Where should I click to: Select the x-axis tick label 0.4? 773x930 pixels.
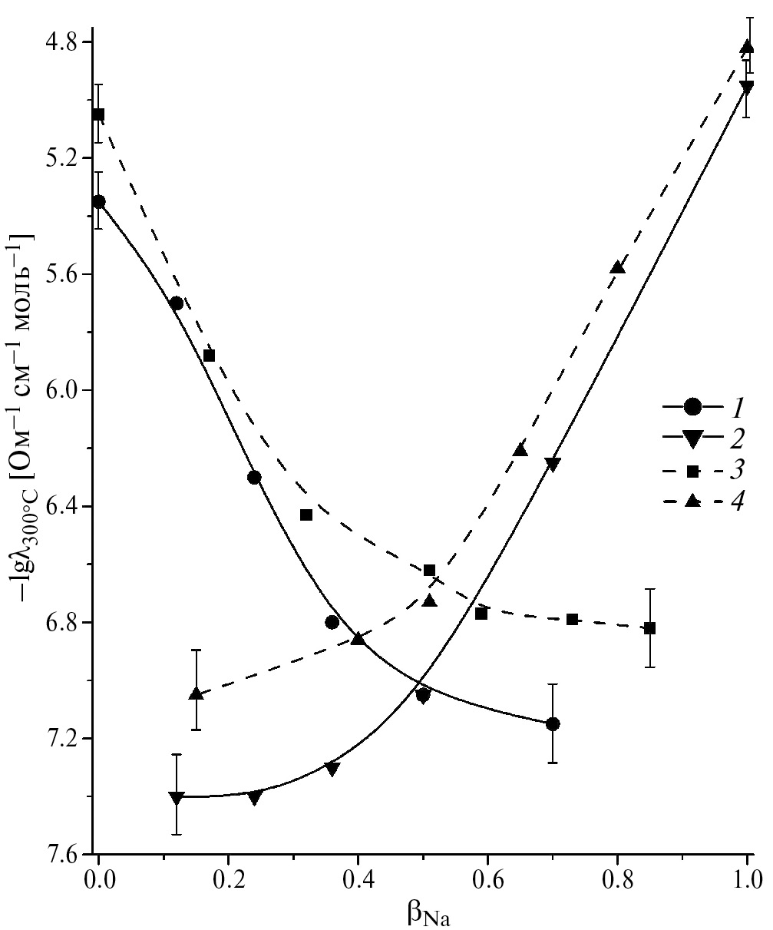pos(358,876)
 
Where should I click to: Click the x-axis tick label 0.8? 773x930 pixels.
pos(617,876)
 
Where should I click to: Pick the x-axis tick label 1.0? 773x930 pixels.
pos(747,876)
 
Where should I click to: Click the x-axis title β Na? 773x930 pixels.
pos(428,912)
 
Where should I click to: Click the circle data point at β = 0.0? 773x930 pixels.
pos(98,201)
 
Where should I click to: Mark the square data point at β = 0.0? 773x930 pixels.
pos(98,114)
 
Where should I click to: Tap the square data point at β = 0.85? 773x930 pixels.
pos(650,628)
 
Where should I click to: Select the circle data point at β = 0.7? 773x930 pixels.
pos(553,723)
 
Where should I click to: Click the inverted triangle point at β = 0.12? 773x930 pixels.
pos(177,798)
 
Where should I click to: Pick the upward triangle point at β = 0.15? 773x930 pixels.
pos(196,694)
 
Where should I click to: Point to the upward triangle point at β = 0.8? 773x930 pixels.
pos(618,267)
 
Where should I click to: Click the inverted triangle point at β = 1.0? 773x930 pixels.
pos(747,88)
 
